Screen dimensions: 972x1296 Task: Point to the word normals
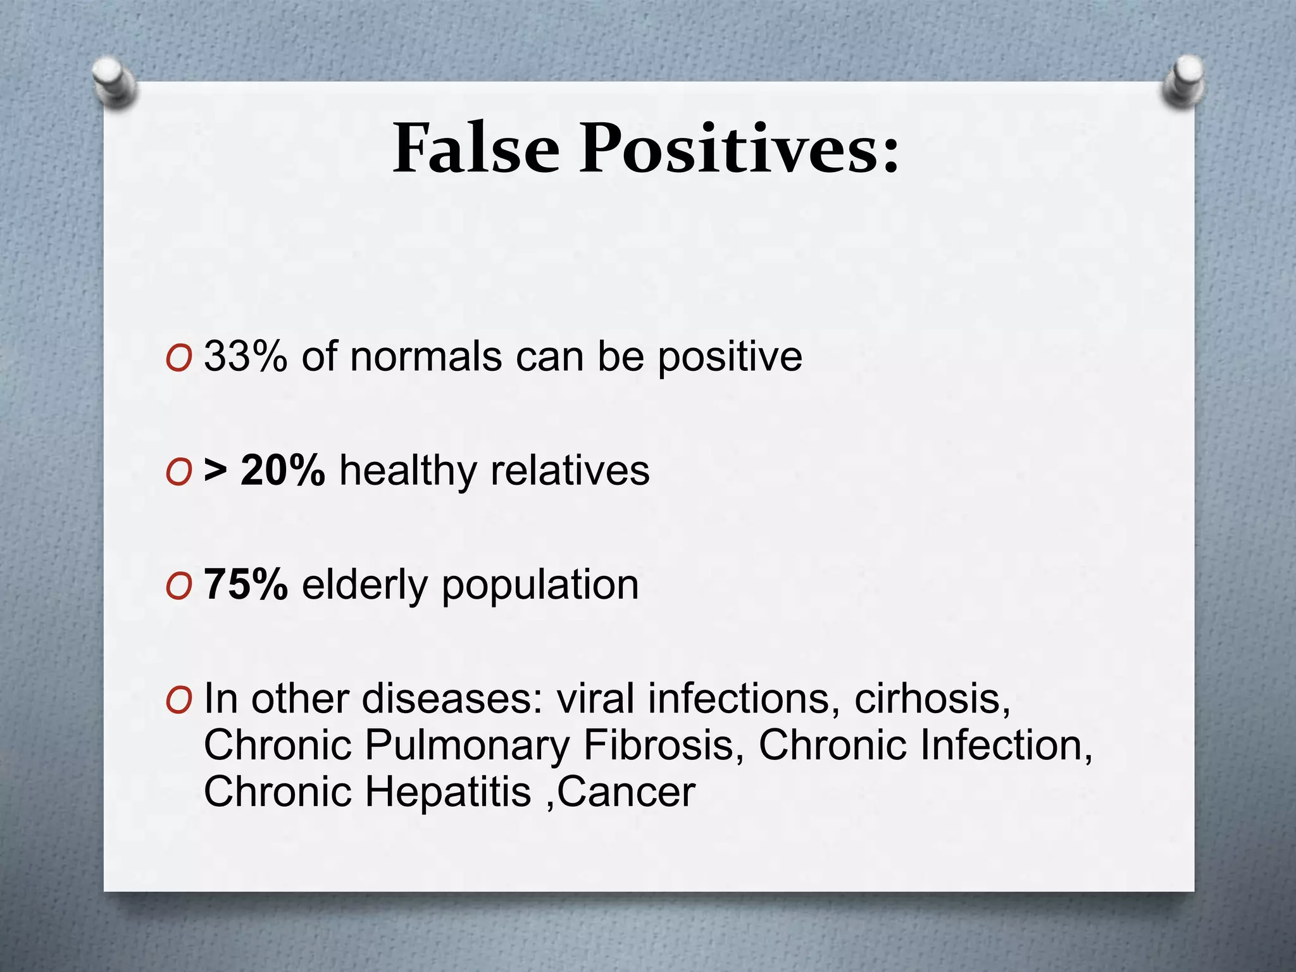(425, 356)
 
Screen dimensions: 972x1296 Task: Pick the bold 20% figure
(282, 470)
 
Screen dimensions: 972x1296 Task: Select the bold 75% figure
(246, 584)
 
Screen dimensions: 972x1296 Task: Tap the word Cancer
(626, 792)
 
